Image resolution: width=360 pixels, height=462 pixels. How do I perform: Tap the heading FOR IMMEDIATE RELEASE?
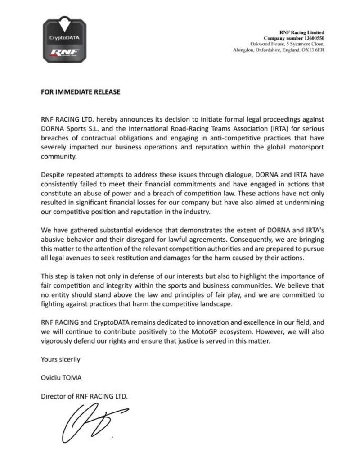81,92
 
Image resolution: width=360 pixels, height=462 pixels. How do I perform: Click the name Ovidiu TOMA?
61,378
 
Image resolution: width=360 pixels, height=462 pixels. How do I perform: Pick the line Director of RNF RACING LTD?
85,396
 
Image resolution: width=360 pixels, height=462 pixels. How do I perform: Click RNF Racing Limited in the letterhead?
301,32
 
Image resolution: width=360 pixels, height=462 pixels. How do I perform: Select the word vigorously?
60,341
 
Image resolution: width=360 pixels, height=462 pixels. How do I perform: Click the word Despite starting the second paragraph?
53,175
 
